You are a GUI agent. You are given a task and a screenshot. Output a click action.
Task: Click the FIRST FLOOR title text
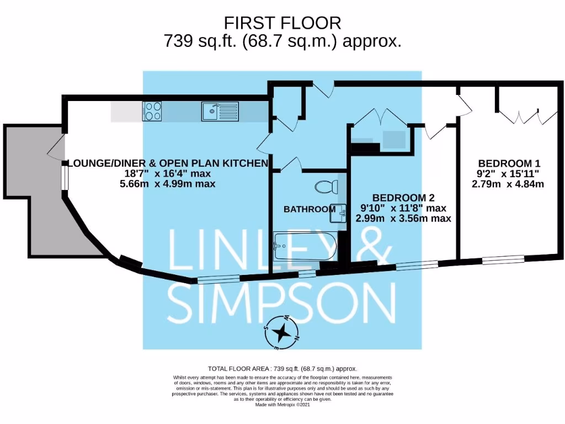click(x=282, y=23)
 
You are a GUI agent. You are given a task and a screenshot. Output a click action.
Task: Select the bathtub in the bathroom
click(x=304, y=246)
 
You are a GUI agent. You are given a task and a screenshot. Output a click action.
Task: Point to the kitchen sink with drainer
click(x=220, y=112)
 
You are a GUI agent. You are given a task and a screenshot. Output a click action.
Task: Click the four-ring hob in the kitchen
click(x=152, y=112)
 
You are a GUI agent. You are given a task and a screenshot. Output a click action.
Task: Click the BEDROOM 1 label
click(x=509, y=163)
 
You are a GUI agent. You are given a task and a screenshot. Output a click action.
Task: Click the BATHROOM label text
click(x=309, y=209)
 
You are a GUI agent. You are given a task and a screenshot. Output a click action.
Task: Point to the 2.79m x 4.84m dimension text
click(x=508, y=184)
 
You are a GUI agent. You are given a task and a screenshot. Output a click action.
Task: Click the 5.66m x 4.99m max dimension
click(x=168, y=184)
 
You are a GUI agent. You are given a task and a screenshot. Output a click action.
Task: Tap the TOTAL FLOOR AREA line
click(x=282, y=368)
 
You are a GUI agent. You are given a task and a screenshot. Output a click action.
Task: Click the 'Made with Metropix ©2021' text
click(x=282, y=405)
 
